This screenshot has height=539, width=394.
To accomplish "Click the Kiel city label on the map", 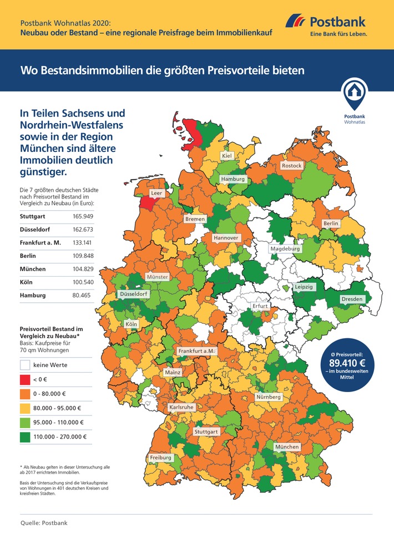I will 226,156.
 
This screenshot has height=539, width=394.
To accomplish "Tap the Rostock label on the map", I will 291,166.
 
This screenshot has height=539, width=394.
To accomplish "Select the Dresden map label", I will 352,299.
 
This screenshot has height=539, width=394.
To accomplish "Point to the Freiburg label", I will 160,458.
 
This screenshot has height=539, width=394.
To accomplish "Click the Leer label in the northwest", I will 157,193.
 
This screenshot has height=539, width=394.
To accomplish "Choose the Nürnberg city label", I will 269,398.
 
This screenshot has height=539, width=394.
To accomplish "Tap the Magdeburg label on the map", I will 285,249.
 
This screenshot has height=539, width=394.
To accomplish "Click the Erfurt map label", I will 260,306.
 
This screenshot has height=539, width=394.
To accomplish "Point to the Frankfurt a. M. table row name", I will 42,242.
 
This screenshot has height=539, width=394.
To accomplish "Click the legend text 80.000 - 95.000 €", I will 57,408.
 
